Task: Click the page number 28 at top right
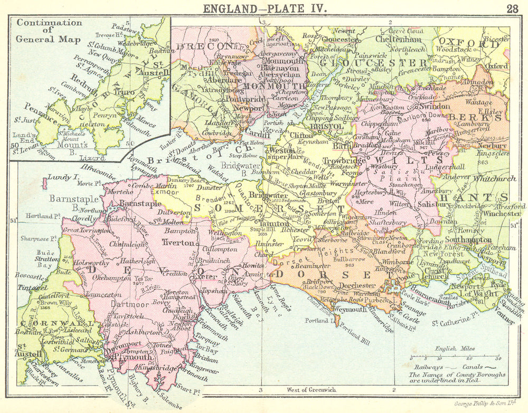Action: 512,7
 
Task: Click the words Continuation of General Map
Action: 49,31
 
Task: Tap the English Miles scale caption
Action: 454,349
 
